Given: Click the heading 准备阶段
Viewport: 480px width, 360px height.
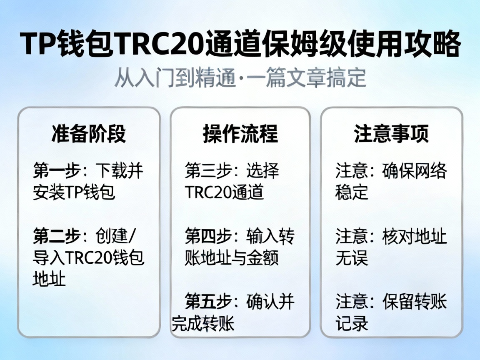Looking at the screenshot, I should [x=88, y=134].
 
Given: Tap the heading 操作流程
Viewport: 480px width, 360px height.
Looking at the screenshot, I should [x=240, y=134].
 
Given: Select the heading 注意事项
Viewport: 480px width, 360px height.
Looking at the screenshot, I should [x=391, y=134].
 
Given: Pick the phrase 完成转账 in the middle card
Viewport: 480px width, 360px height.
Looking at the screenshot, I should [x=203, y=323].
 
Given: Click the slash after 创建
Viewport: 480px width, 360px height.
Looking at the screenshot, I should [x=133, y=237].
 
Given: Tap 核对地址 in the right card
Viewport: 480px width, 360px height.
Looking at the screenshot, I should [x=414, y=237].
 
